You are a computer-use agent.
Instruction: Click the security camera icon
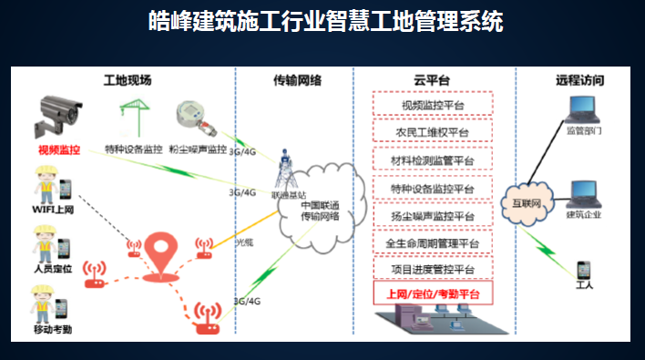click(x=56, y=112)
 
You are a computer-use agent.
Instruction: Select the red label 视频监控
click(x=59, y=149)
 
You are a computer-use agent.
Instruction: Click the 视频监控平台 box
click(x=433, y=105)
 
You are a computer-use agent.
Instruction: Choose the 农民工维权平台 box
click(x=433, y=133)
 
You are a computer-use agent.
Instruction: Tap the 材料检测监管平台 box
click(x=433, y=161)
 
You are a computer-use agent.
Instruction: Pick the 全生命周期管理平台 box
click(x=433, y=243)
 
